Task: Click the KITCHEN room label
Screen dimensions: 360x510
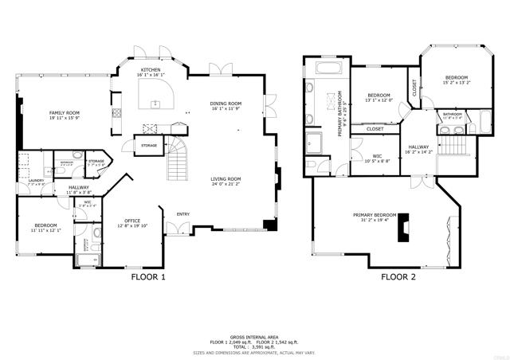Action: point(151,70)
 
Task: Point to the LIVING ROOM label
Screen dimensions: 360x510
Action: point(226,179)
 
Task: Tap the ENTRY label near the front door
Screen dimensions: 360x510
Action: point(183,213)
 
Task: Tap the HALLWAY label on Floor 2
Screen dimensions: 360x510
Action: point(419,147)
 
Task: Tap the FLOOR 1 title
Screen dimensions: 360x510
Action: point(147,278)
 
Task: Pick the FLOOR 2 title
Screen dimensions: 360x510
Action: point(398,278)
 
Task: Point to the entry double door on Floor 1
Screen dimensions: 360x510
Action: point(182,229)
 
